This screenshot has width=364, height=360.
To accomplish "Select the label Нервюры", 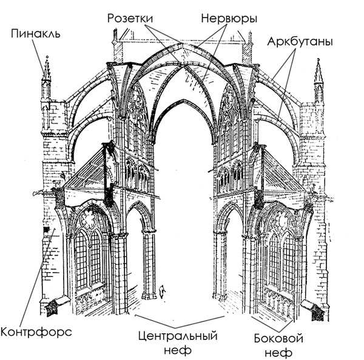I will [x=224, y=19].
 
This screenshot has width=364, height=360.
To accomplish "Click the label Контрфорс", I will [x=36, y=332].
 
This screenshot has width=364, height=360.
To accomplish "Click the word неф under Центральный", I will [x=178, y=350].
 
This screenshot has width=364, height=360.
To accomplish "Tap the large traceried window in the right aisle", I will [x=280, y=255].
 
